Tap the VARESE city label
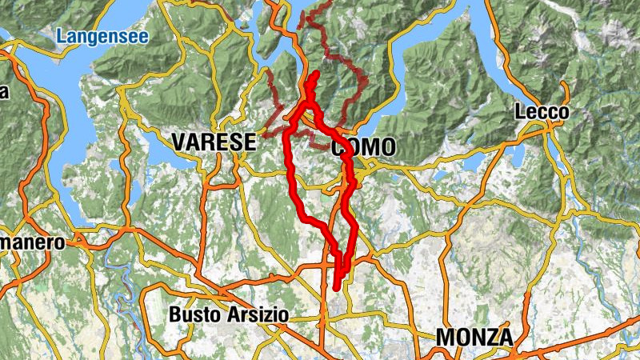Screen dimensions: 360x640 214,142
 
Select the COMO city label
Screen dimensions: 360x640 362,147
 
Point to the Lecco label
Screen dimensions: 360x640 542,112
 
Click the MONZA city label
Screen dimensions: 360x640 474,338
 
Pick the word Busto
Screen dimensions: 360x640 192,315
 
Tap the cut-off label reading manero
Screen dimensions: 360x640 31,242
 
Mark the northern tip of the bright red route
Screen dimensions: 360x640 315,74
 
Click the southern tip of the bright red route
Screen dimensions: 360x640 337,286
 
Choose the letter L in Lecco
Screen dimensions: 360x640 521,112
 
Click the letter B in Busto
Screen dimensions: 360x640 174,315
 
